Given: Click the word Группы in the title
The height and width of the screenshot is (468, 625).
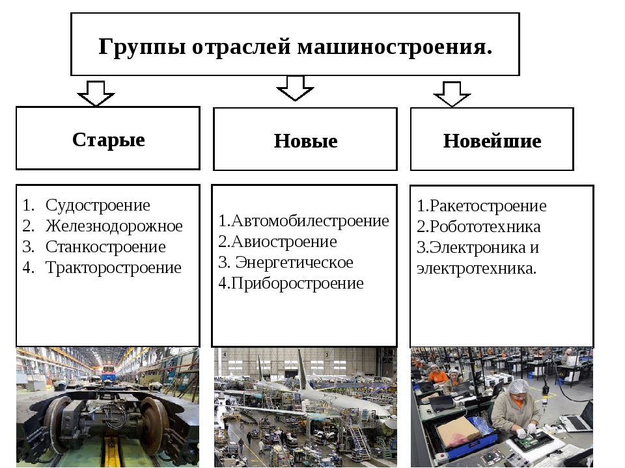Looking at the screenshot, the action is (143, 47).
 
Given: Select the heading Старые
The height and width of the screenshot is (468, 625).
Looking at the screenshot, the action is (109, 140).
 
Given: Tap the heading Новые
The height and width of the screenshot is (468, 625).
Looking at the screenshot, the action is (306, 141).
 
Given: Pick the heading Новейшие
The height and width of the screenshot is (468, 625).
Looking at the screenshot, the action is (492, 141).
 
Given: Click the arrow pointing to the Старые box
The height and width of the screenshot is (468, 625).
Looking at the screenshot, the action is (96, 94).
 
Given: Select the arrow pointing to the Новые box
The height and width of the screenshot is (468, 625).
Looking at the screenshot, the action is (295, 88).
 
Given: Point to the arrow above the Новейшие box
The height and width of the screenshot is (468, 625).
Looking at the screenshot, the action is (452, 94).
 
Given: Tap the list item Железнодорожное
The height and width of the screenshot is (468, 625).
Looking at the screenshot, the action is (114, 226).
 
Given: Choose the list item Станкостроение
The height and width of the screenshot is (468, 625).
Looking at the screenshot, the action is (105, 247).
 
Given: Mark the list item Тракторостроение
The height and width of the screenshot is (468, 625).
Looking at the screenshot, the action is (113, 268).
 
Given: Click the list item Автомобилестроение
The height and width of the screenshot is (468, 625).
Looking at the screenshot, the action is (310, 221).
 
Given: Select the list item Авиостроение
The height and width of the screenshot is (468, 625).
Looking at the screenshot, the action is (284, 242).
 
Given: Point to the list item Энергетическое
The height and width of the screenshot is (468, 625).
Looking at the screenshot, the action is (294, 263).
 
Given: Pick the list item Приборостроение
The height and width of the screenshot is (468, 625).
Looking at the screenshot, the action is (298, 283).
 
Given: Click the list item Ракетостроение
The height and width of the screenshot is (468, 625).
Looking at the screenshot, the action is (488, 206).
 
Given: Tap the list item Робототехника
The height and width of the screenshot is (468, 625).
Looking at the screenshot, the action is (485, 227).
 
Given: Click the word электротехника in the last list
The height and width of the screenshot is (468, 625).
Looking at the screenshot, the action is (477, 268).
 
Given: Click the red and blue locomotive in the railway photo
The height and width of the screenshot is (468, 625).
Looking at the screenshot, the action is (109, 372).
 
